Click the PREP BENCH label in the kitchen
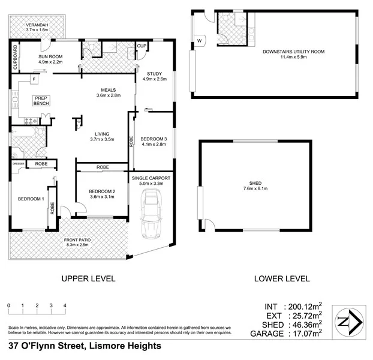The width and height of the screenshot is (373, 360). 41,101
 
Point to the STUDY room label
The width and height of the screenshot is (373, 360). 154,76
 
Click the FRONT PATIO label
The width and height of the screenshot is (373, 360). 77,242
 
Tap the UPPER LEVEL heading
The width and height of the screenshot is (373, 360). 88,278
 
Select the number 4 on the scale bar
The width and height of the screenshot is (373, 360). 65,305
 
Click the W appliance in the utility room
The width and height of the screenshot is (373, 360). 199,41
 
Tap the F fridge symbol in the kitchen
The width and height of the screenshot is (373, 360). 34,79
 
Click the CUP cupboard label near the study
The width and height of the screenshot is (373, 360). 142,46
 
